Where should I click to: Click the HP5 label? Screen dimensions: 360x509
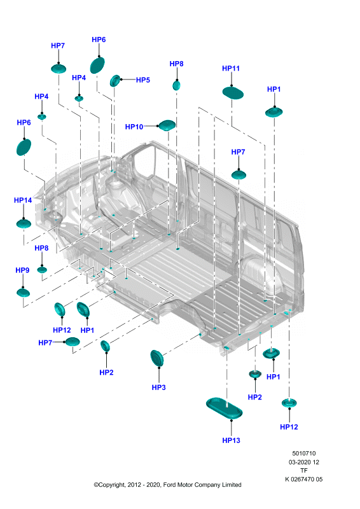tap(143, 80)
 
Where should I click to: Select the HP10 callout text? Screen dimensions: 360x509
tap(134, 127)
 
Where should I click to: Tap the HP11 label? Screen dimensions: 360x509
tap(231, 69)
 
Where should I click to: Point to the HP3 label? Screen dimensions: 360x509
tap(159, 387)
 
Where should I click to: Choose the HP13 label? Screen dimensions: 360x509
tap(231, 440)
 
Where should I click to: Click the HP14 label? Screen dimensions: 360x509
tap(23, 200)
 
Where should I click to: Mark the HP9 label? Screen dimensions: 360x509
tap(22, 270)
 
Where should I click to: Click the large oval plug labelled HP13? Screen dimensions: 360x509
tap(225, 408)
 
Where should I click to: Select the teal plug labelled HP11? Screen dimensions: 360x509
tap(233, 93)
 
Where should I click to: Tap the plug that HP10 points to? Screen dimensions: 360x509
tap(167, 125)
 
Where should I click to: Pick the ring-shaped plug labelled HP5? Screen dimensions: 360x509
tap(115, 81)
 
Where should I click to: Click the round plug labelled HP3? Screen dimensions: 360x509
tap(157, 358)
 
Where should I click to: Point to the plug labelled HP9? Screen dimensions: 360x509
tap(23, 293)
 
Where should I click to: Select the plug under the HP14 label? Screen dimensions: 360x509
tap(24, 224)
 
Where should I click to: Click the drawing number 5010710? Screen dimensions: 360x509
tap(304, 453)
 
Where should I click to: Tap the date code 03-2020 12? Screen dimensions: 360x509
tap(304, 462)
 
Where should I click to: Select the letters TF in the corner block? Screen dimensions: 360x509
tap(304, 470)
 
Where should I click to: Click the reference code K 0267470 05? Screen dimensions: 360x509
tap(304, 479)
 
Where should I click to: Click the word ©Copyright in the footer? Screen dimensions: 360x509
tap(109, 485)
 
